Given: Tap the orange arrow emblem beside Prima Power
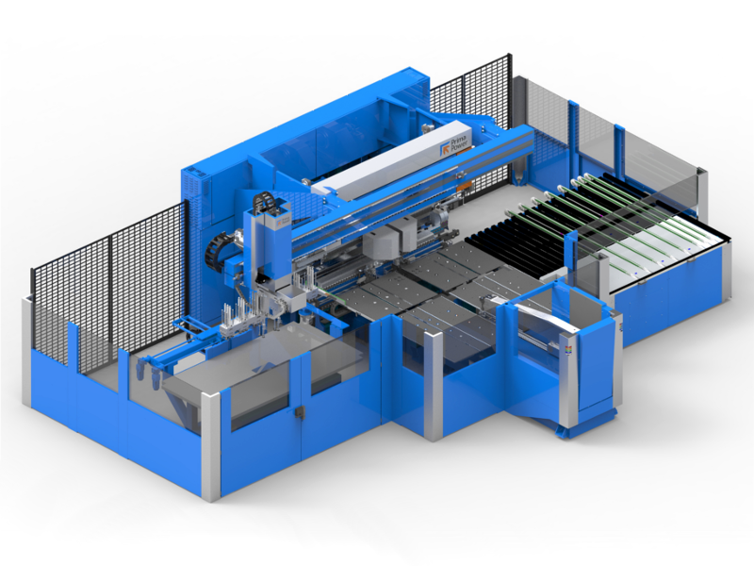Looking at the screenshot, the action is tap(444, 150).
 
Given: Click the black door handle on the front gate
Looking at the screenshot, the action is tap(300, 412).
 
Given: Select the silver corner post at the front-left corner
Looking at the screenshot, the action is tap(210, 445).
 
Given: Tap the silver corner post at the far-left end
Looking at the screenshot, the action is tap(26, 351).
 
